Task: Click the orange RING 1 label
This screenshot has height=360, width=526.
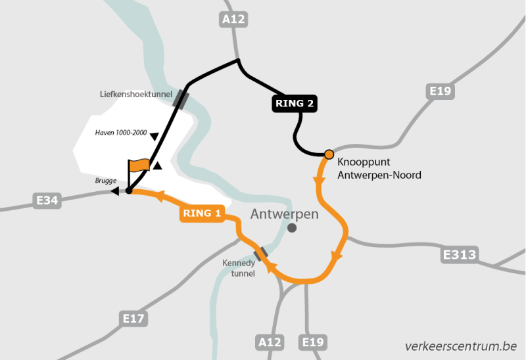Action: point(202,214)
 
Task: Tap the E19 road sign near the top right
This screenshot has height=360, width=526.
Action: point(439,91)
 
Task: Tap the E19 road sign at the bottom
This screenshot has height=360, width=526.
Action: point(312,342)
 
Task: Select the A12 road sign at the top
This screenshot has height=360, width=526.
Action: point(233,19)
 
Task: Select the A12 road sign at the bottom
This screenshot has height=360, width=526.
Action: point(270,342)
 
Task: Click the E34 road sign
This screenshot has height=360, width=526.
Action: point(47,200)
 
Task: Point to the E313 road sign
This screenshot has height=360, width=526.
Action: point(460,254)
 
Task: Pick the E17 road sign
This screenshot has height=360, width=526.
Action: point(134,319)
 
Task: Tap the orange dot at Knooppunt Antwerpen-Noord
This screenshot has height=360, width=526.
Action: point(329,154)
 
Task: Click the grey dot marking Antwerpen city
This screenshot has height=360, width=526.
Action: point(292,228)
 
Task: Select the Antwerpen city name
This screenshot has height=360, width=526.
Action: point(284,214)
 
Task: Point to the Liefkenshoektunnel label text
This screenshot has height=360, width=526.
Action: point(136,94)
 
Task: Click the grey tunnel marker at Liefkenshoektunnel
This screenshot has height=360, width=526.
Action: point(181,99)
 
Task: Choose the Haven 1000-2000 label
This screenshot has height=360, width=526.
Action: point(122,131)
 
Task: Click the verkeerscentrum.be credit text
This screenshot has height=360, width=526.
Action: point(461,346)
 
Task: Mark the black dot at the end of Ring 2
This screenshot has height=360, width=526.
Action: point(129,191)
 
